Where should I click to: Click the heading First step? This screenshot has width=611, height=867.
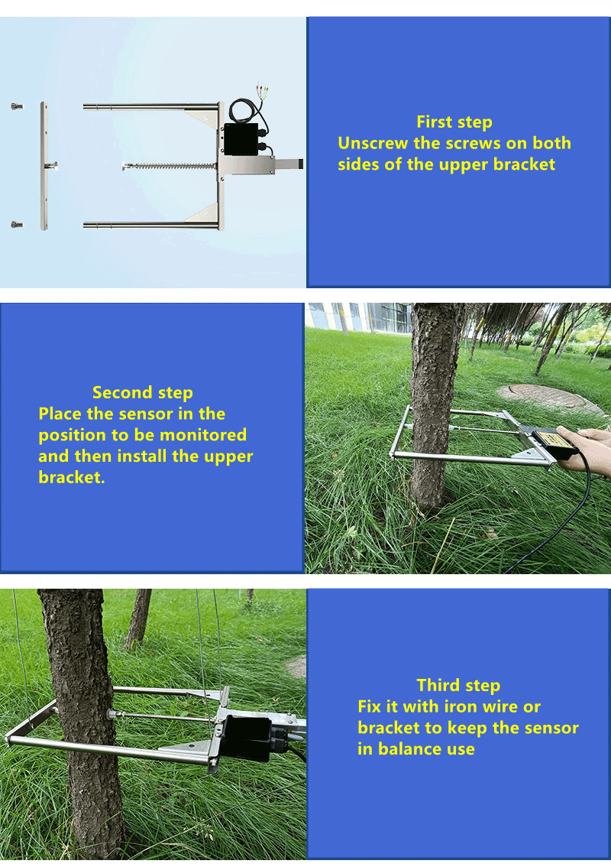pyautogui.click(x=454, y=122)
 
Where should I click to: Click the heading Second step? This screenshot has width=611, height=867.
pyautogui.click(x=143, y=392)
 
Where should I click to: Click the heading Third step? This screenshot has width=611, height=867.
pyautogui.click(x=458, y=685)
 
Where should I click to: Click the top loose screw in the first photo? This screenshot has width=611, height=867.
pyautogui.click(x=17, y=106)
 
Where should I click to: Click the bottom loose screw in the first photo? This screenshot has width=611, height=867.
pyautogui.click(x=17, y=225)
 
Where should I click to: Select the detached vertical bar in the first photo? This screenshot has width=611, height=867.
pyautogui.click(x=44, y=166)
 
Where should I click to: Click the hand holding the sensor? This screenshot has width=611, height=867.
pyautogui.click(x=586, y=449)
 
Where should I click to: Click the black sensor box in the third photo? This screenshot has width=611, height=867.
pyautogui.click(x=247, y=738)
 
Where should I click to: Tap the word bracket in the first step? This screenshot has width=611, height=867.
pyautogui.click(x=524, y=164)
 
